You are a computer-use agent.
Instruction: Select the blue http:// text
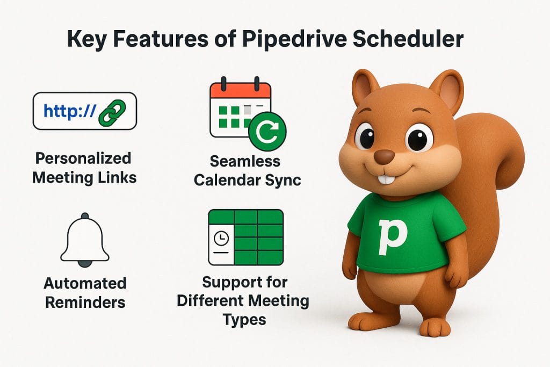coord(70,111)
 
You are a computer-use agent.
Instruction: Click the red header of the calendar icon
coord(240,90)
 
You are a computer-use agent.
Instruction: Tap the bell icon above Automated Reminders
coord(85,240)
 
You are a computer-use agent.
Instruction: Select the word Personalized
coord(83,159)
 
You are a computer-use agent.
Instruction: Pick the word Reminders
coord(85,301)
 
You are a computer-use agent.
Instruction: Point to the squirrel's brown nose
coord(383,156)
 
